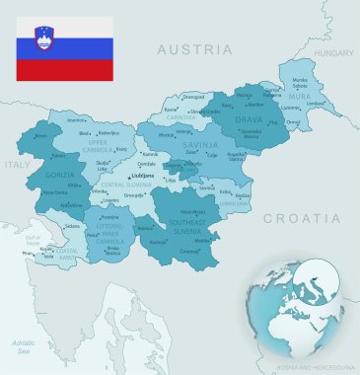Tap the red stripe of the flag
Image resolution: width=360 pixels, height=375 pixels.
(64, 70)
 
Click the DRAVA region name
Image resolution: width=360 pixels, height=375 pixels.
(248, 120)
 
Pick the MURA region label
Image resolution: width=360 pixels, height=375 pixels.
(300, 97)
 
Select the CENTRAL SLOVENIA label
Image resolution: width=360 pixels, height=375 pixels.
(126, 184)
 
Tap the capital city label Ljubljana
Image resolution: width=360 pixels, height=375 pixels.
(143, 175)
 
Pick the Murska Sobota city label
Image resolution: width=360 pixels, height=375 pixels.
(300, 81)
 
